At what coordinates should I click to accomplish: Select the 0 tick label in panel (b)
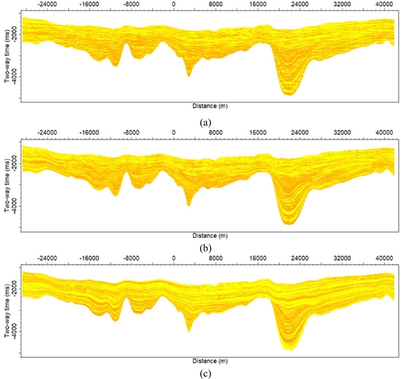(173, 133)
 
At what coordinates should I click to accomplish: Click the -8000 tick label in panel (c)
(131, 259)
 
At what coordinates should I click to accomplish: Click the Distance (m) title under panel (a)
(210, 106)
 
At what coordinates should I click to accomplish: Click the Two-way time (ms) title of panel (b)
(7, 185)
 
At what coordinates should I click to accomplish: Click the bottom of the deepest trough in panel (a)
(289, 93)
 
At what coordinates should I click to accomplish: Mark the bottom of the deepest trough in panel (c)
(289, 348)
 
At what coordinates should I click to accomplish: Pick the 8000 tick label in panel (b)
(216, 133)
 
